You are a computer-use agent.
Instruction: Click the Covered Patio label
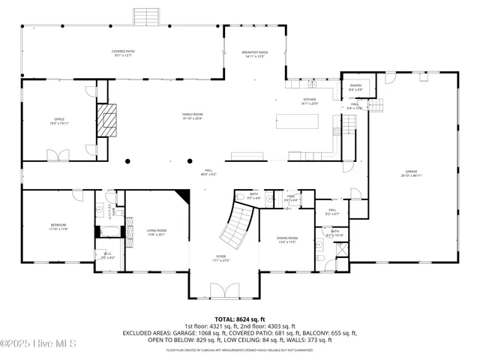pos(122,52)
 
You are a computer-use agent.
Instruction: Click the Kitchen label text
pos(310,100)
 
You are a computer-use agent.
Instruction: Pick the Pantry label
pos(355,87)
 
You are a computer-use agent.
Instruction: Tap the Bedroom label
pos(58,226)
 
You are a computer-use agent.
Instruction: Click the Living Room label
pos(156,232)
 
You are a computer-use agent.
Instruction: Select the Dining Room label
pos(287,240)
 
